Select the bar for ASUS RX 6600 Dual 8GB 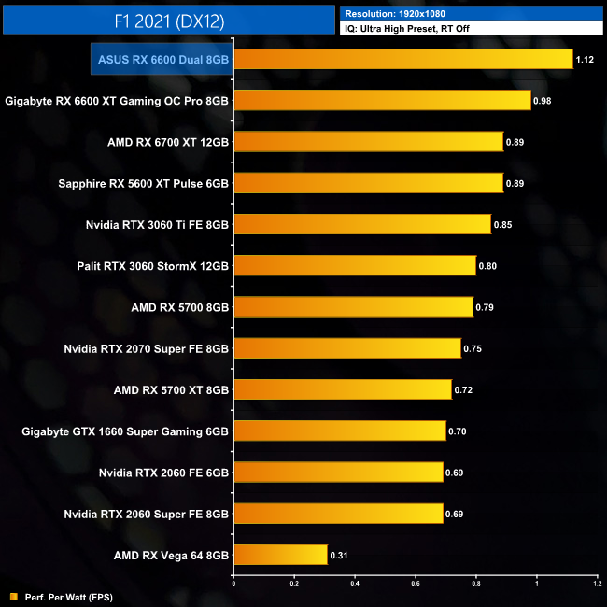click(x=402, y=59)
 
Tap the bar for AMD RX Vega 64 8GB click(x=280, y=555)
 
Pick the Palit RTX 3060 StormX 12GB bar click(x=355, y=266)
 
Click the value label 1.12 click(x=586, y=59)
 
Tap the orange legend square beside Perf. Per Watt click(x=14, y=597)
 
